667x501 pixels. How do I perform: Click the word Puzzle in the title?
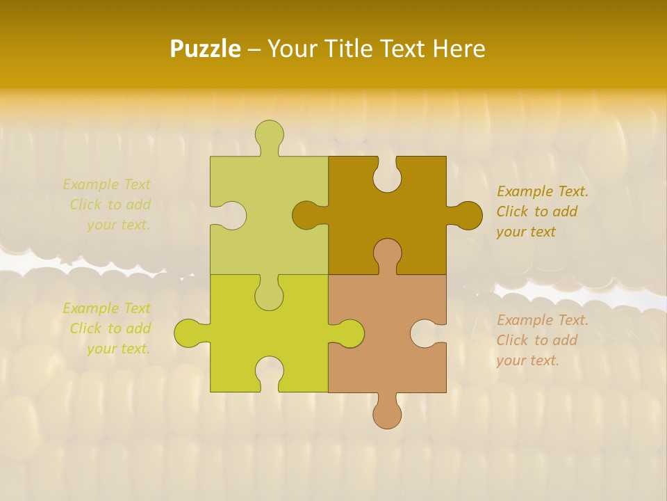[x=206, y=49]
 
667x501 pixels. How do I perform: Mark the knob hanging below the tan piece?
[x=387, y=413]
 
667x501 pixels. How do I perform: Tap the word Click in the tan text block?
[x=513, y=340]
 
